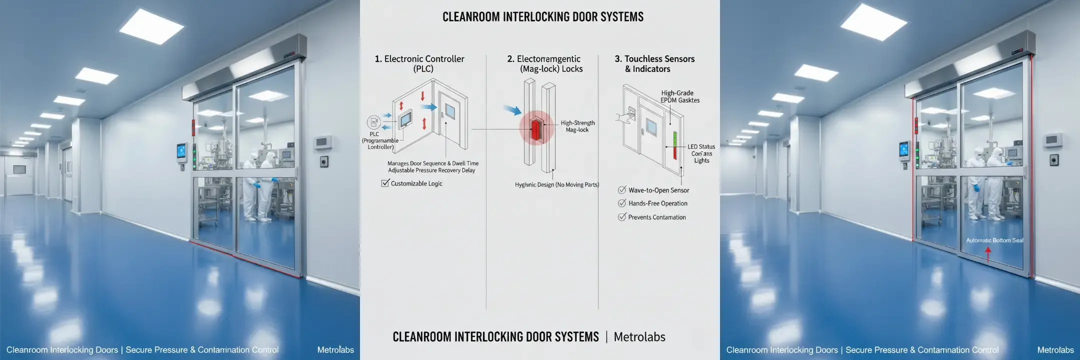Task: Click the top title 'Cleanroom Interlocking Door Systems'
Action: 542,17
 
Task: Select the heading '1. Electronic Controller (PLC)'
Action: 419,63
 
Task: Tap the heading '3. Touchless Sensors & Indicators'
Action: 654,63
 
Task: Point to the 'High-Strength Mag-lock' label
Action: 577,126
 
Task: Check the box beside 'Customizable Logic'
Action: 385,183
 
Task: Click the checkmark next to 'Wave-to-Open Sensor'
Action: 622,190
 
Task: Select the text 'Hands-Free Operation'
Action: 657,203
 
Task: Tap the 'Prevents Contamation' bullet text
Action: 656,217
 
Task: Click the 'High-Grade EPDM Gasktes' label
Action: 679,96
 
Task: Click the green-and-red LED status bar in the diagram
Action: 674,145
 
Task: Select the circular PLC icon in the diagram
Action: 373,122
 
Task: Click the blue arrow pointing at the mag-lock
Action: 512,109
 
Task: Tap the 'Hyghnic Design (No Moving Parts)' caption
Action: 556,184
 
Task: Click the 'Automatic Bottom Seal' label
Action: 994,240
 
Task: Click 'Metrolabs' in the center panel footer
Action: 639,337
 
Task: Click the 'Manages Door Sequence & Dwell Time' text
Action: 432,163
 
